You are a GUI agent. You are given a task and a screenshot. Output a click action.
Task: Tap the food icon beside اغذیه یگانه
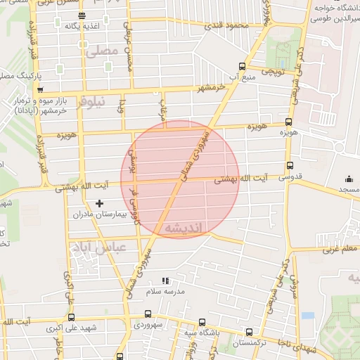point(82,15)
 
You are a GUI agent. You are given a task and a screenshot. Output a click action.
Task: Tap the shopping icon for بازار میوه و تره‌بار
point(40,90)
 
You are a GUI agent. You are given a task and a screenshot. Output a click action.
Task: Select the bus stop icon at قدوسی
point(290,167)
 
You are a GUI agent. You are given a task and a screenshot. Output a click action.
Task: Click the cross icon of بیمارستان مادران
point(99,203)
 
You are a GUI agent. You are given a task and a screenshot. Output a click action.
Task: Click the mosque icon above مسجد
point(349,179)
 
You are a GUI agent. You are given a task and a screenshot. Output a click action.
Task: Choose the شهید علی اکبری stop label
point(79,328)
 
